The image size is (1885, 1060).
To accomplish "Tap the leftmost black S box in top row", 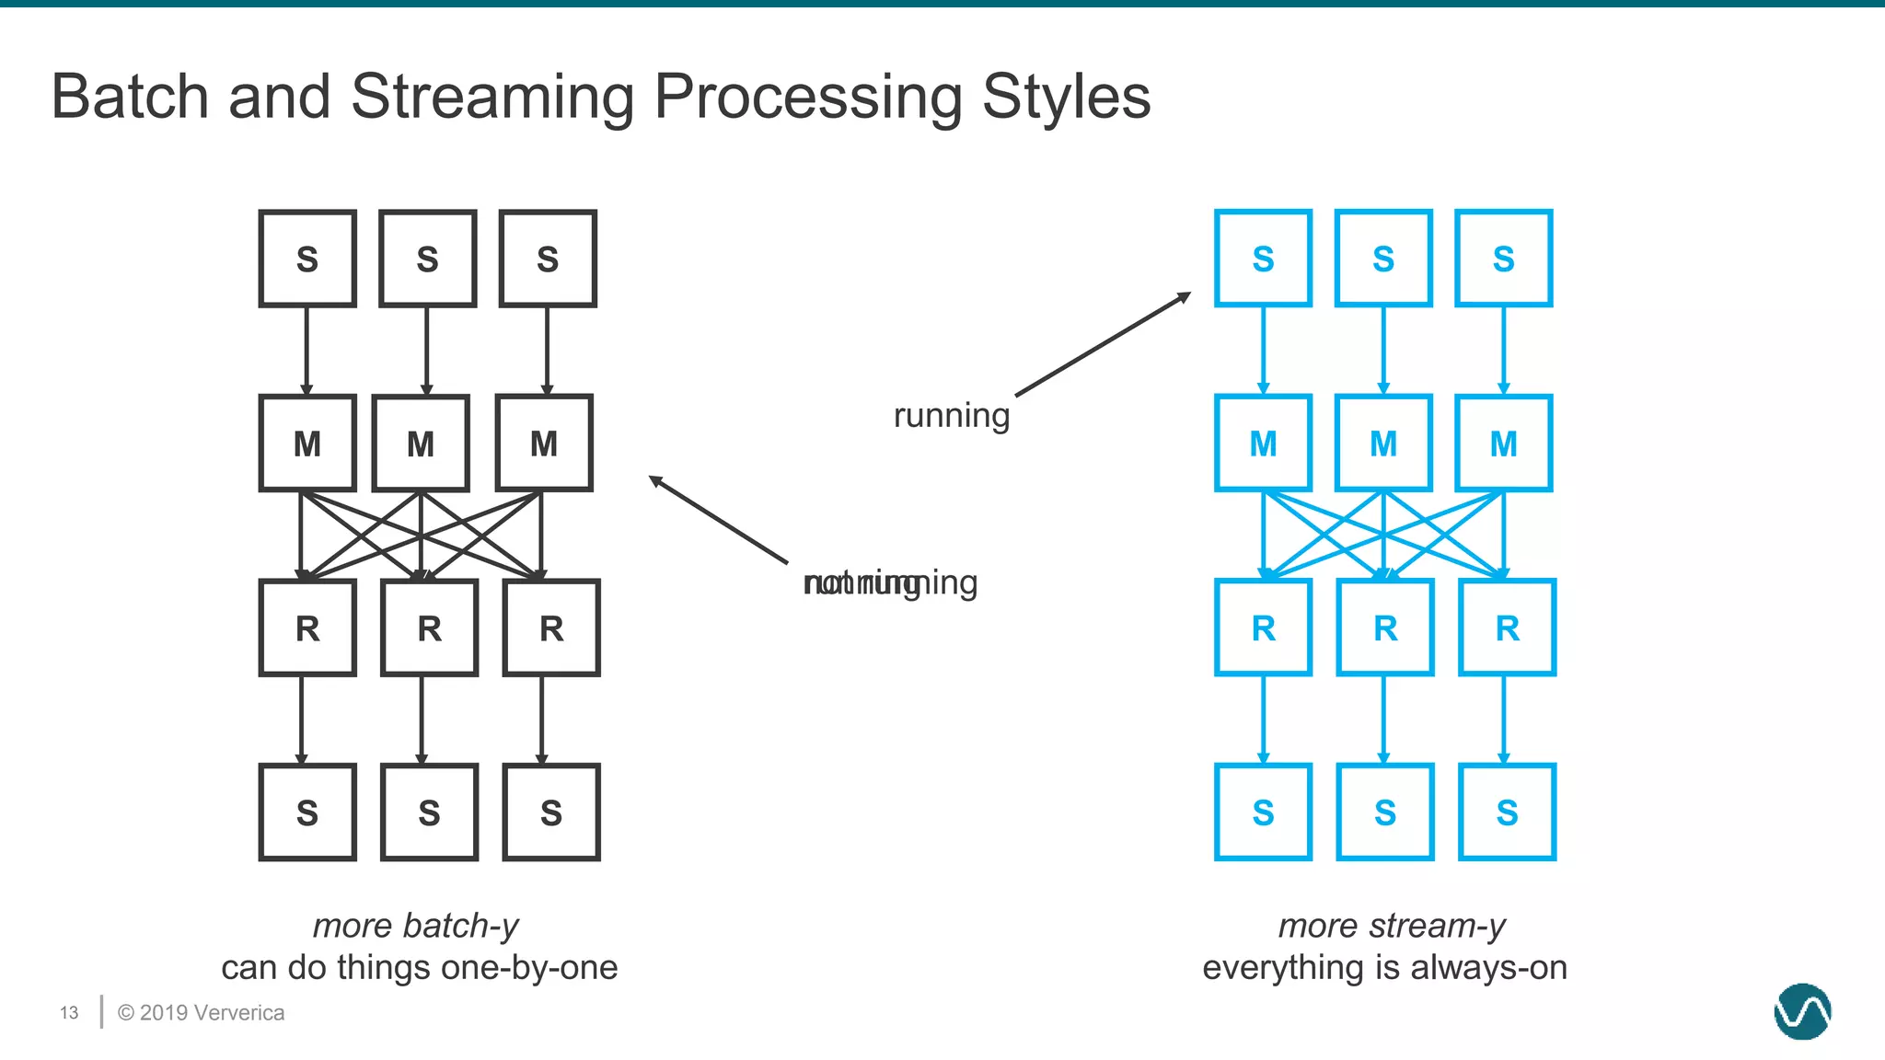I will (307, 259).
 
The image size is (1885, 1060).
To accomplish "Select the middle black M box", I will (421, 444).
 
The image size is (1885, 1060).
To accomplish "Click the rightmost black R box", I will (551, 628).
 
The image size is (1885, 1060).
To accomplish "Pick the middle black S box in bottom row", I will (429, 812).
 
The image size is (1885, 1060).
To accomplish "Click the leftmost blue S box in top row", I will (1263, 259).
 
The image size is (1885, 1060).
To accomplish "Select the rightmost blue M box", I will (1504, 444).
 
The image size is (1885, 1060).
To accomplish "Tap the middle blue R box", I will (1385, 628).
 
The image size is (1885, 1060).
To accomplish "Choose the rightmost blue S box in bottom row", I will (1507, 812).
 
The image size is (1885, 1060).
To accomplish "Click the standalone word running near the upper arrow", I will (952, 416).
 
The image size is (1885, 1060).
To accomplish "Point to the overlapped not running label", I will (890, 582).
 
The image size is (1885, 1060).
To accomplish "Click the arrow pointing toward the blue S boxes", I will (1103, 345).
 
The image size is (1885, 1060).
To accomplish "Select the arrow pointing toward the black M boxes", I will (718, 520).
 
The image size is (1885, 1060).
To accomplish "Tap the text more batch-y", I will (416, 926).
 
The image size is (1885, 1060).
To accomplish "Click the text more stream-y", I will (1392, 926).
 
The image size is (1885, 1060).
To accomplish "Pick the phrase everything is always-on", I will (1384, 968).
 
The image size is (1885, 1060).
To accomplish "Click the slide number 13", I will (69, 1013).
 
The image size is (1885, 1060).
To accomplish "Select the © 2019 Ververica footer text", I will (201, 1013).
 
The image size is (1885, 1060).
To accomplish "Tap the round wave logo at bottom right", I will (1802, 1011).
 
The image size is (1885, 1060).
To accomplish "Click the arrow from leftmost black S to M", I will (306, 351).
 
